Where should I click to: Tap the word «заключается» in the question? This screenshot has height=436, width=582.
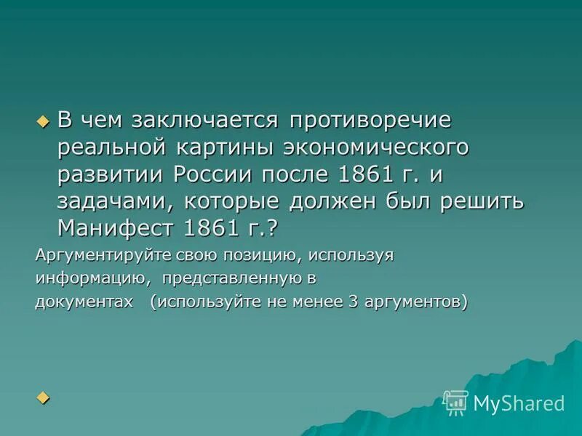click(204, 120)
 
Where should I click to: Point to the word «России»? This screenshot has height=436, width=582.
click(215, 174)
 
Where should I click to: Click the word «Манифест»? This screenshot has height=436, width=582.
click(114, 228)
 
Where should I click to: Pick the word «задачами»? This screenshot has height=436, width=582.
click(113, 201)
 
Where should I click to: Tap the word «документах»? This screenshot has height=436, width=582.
click(84, 302)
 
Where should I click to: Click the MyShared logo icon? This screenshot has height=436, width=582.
click(455, 402)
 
